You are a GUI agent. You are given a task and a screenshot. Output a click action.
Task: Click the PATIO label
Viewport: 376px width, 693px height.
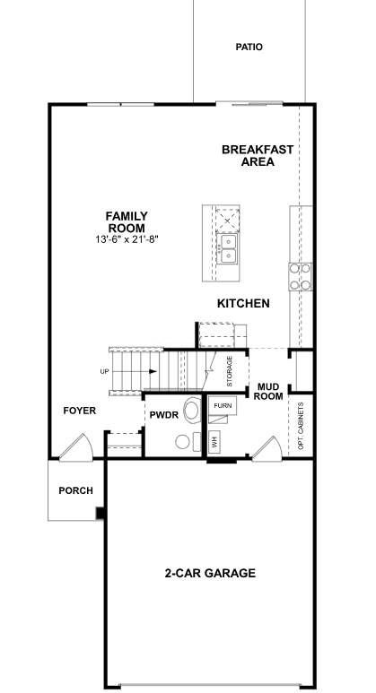[x=249, y=47]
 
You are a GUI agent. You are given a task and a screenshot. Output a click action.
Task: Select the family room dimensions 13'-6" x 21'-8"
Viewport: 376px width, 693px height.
[x=127, y=239]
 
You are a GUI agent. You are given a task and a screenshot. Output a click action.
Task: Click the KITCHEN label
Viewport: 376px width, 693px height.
[x=243, y=303]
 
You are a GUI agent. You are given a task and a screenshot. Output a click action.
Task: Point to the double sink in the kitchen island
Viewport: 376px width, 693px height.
[x=228, y=248]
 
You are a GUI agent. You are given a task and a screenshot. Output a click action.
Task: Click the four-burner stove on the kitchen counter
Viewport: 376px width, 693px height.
[x=301, y=276]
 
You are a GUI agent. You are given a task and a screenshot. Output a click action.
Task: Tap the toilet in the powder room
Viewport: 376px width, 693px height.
[x=191, y=410]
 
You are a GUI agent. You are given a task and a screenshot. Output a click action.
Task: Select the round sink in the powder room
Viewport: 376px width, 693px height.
[x=183, y=441]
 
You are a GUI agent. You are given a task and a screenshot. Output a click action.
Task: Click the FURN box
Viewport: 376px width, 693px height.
[x=222, y=405]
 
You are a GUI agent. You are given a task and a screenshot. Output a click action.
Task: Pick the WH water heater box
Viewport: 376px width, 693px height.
[x=214, y=441]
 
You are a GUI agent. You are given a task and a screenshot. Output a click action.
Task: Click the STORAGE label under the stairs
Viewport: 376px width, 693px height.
[x=230, y=371]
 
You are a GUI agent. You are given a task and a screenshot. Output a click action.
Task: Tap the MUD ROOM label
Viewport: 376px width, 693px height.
[x=268, y=392]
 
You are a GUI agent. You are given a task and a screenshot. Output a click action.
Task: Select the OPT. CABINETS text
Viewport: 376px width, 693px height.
[x=302, y=426]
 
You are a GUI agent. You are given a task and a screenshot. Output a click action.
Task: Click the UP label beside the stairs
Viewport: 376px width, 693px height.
[x=104, y=372]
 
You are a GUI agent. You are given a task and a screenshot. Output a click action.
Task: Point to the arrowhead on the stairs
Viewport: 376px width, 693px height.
[x=153, y=372]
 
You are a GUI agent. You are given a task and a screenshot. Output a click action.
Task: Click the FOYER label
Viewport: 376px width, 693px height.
[x=80, y=411]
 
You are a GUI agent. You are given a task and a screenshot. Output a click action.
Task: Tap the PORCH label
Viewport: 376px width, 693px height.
[x=76, y=490]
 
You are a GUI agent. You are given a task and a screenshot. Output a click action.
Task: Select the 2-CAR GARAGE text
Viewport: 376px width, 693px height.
[x=210, y=573]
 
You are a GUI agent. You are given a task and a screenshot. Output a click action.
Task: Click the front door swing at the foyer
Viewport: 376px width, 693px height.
[x=76, y=446]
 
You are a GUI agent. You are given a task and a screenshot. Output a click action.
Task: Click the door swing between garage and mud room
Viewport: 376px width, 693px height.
[x=267, y=448]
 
